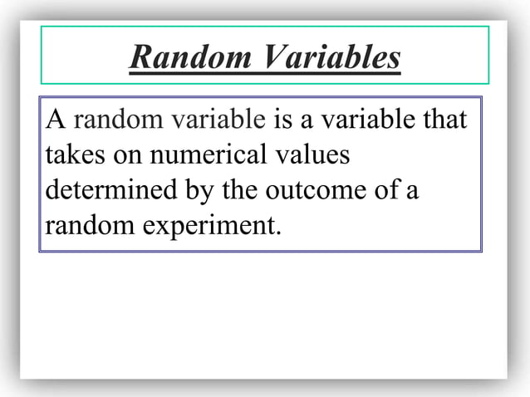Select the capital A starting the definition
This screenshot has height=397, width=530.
coord(56,120)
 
